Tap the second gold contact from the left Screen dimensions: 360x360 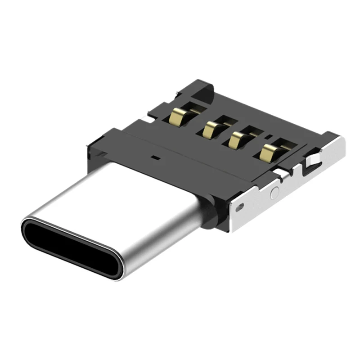[210, 130]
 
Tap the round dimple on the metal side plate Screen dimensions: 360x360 [274, 192]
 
